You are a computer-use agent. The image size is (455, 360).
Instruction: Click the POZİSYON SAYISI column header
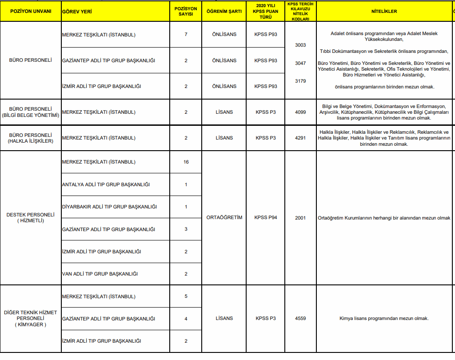[186, 11]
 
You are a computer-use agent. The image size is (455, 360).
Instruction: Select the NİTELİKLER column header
[384, 11]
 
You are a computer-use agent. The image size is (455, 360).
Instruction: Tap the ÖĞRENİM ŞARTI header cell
[224, 11]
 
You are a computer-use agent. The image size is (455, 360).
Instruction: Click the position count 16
[186, 162]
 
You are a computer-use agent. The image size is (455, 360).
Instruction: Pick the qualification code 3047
[300, 63]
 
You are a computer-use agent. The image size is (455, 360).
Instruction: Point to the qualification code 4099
[300, 112]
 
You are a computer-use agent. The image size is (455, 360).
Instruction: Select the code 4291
[300, 138]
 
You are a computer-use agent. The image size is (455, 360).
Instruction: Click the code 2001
[300, 218]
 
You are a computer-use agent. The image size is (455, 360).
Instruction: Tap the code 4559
[300, 318]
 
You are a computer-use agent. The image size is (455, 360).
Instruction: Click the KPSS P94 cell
[266, 218]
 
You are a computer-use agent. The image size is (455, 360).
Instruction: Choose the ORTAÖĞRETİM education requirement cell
[224, 218]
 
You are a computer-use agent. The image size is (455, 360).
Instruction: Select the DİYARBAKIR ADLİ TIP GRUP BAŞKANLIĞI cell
[109, 207]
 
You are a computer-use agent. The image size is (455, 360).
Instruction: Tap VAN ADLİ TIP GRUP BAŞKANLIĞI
[100, 274]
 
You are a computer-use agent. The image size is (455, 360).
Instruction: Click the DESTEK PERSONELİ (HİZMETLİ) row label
[30, 217]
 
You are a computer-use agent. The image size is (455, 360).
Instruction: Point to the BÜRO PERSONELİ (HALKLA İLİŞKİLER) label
[30, 138]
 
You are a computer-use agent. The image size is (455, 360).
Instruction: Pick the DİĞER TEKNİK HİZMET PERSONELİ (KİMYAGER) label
[30, 318]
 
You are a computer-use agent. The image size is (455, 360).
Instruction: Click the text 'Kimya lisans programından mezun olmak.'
[384, 318]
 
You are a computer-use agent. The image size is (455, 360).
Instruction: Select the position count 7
[186, 34]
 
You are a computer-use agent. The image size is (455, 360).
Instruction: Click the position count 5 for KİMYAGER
[186, 296]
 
